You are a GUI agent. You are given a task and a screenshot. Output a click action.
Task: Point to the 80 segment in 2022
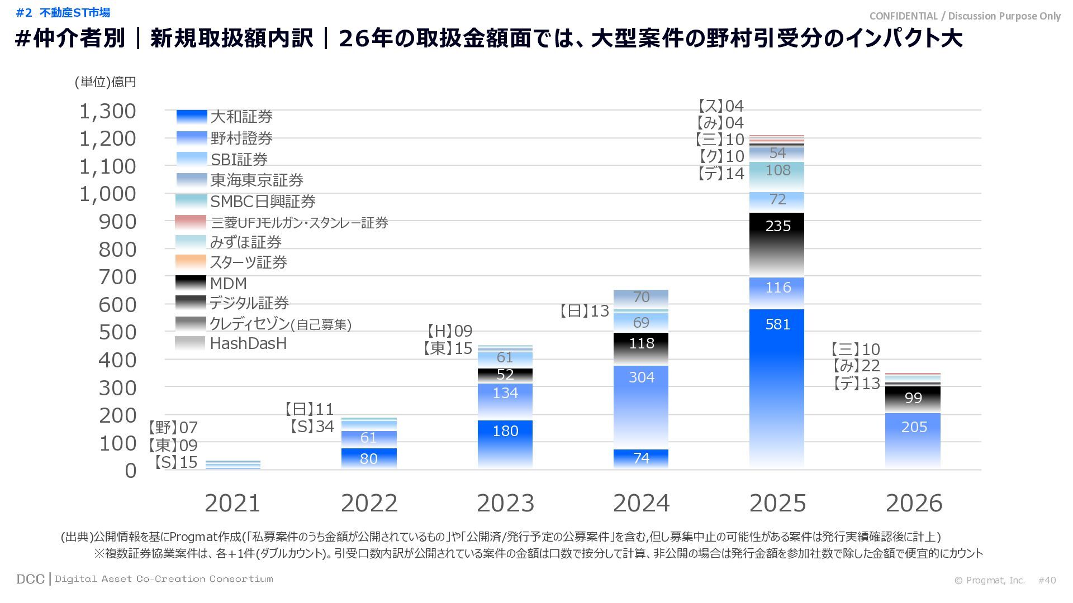pos(369,458)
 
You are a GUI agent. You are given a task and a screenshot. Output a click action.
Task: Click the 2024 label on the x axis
pos(641,503)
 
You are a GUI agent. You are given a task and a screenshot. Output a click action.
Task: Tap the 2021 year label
pos(232,503)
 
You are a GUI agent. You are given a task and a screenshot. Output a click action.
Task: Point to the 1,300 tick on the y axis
pos(108,111)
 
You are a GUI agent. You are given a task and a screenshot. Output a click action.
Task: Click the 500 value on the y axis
pos(117,332)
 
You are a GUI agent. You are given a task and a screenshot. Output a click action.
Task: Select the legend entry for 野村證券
pos(241,138)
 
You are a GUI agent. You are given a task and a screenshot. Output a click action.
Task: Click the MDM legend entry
pos(228,283)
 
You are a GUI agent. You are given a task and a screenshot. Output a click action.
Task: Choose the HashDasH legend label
pos(248,343)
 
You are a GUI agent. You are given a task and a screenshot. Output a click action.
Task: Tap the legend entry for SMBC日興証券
pos(263,201)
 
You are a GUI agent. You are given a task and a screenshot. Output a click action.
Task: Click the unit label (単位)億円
pos(106,82)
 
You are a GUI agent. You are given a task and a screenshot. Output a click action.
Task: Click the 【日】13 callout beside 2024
pos(584,311)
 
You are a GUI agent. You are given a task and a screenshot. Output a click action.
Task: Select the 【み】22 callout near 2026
pos(856,366)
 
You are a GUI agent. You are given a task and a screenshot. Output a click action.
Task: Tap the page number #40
pos(1047,580)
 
